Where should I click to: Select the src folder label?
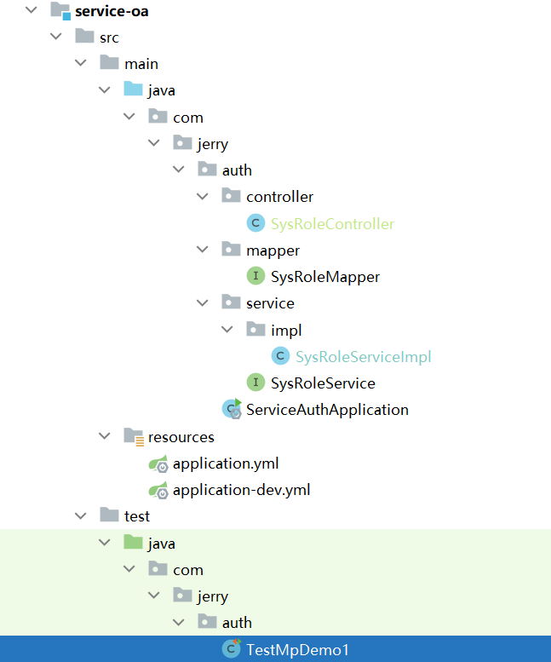click(x=109, y=37)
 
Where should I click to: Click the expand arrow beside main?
click(x=80, y=64)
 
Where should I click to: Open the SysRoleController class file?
click(x=332, y=224)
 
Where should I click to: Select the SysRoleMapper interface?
click(x=324, y=277)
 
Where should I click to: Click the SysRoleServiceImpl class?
click(x=364, y=357)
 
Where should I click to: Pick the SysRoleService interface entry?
click(x=323, y=383)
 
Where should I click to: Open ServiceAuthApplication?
click(x=327, y=410)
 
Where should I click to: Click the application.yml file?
click(x=226, y=464)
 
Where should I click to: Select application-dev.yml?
click(x=241, y=491)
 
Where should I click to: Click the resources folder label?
click(x=181, y=437)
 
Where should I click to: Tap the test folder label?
click(x=136, y=516)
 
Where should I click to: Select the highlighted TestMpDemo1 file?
click(x=297, y=650)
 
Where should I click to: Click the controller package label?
click(x=279, y=197)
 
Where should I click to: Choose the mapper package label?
click(x=273, y=250)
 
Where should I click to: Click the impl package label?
click(x=286, y=330)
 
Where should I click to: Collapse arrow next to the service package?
click(x=203, y=303)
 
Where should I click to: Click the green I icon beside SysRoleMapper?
click(x=255, y=277)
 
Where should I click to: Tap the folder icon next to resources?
click(x=133, y=437)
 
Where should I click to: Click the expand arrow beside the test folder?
click(x=80, y=516)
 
